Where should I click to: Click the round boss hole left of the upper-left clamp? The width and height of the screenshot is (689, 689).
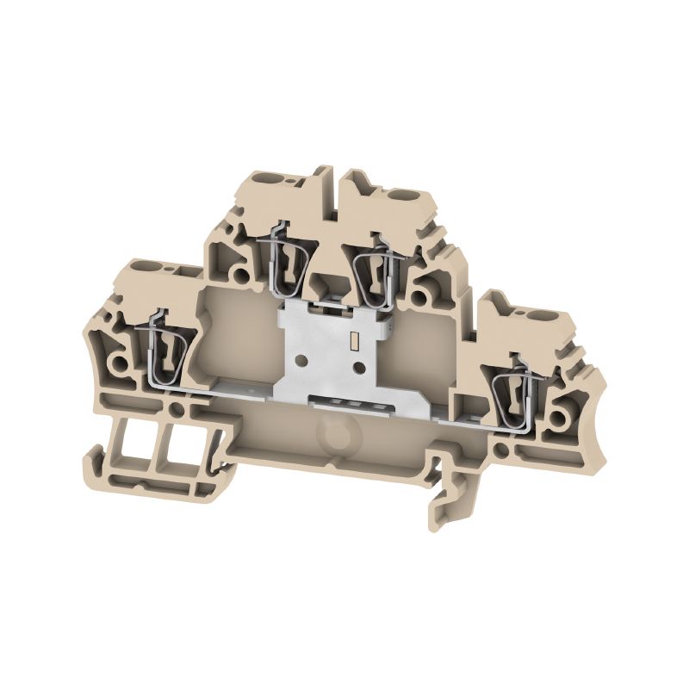pos(242,275)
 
